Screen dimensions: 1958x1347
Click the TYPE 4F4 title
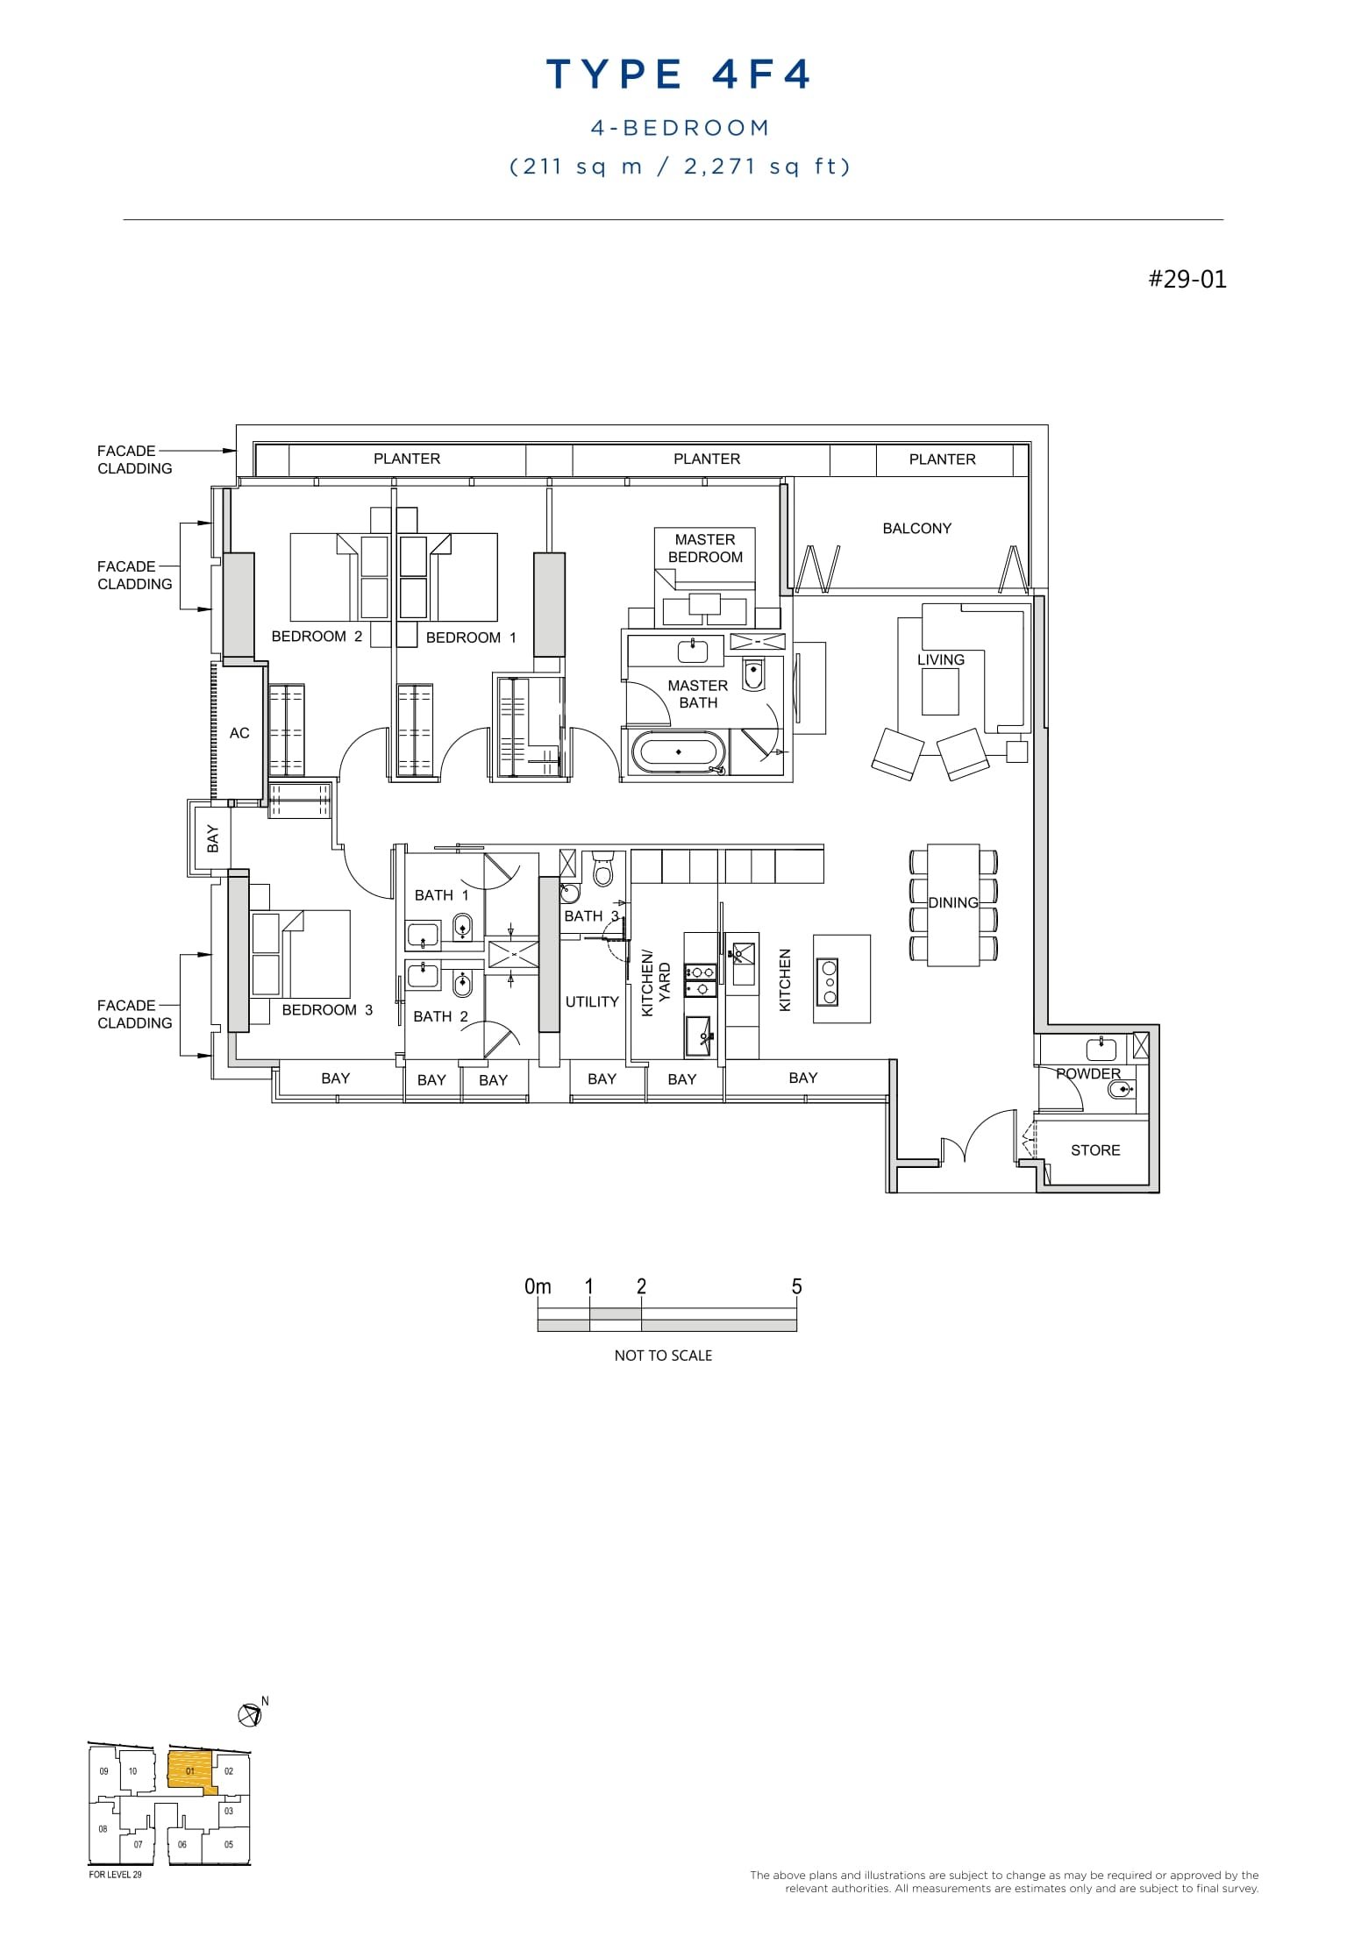coord(679,75)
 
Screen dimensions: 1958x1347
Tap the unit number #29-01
coord(1187,280)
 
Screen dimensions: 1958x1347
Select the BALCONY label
coord(916,529)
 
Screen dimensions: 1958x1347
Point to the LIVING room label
coord(940,660)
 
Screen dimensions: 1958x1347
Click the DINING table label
coord(953,903)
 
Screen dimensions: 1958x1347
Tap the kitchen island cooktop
coord(826,982)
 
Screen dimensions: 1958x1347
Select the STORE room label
coord(1095,1150)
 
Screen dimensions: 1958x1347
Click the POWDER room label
coord(1088,1074)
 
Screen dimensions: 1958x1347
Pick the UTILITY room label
coord(592,1002)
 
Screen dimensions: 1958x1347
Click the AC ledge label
coord(239,733)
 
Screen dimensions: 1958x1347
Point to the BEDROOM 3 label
coord(327,1010)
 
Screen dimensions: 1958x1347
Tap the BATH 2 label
coord(440,1017)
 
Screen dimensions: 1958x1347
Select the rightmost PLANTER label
coord(942,459)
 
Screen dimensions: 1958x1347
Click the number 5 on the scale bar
coord(796,1287)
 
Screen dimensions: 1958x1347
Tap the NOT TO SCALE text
coord(663,1356)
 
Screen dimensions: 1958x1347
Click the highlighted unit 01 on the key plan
coord(189,1771)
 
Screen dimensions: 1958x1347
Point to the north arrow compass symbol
coord(250,1714)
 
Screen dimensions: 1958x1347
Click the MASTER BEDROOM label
coord(705,549)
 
